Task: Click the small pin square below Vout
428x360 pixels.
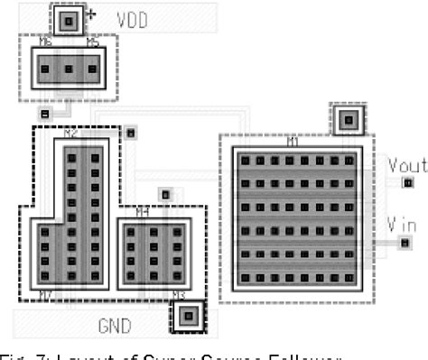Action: click(405, 183)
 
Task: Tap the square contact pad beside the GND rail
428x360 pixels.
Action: click(188, 315)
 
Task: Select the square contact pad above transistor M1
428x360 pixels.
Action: click(348, 119)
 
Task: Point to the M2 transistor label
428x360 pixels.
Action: click(71, 134)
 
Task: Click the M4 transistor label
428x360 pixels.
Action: click(141, 213)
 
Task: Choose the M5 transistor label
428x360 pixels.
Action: click(92, 42)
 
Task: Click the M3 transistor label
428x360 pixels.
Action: click(178, 294)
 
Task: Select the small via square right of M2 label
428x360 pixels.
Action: click(131, 134)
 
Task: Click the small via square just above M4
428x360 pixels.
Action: click(164, 194)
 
